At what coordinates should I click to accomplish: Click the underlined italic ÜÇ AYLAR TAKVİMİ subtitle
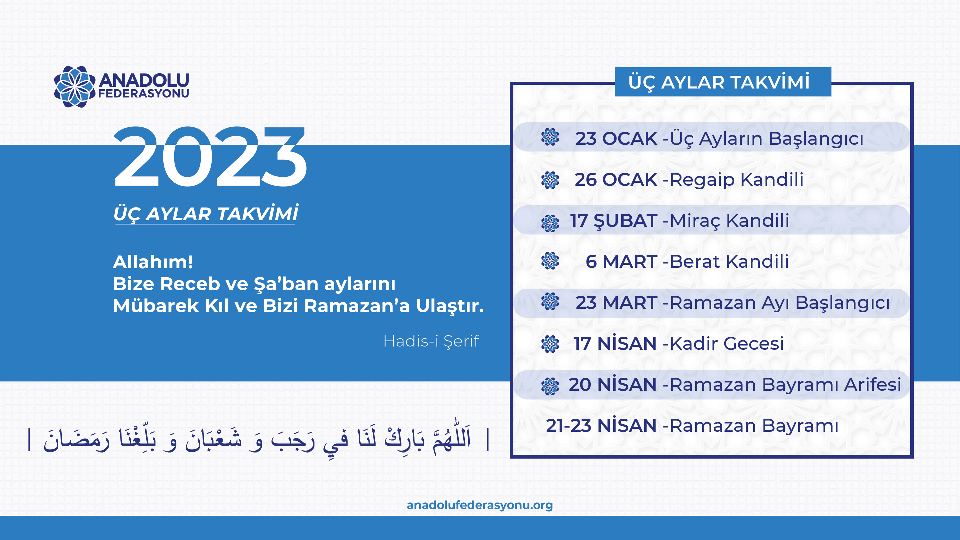206,214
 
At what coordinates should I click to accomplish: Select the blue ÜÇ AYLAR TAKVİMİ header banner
722,82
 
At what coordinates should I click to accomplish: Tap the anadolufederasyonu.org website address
480,505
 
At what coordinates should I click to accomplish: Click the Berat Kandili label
729,261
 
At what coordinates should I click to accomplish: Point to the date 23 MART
616,302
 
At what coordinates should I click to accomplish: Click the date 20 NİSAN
613,384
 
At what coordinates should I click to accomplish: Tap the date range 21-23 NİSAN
601,425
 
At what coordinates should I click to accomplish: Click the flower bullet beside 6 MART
550,261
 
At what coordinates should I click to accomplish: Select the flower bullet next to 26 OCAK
550,180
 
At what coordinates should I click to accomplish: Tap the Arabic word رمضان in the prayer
76,440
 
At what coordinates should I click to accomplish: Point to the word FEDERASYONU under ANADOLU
144,93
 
